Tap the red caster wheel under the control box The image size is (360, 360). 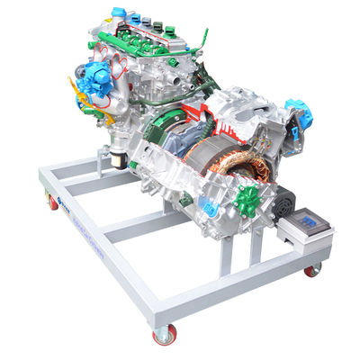tap(311, 269)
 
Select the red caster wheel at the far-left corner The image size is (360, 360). tap(53, 202)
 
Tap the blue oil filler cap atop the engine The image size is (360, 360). tap(119, 13)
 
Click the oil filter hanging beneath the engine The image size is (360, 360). tap(116, 159)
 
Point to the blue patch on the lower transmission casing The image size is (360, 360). tap(211, 208)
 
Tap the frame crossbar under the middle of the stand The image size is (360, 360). tap(135, 225)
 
